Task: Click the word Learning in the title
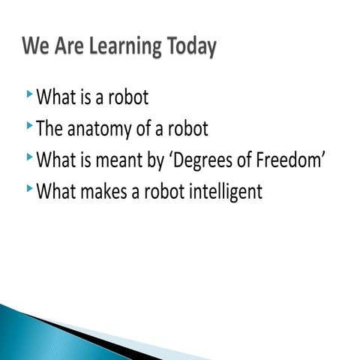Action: [123, 47]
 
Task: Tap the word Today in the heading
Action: [190, 47]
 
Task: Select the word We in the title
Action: [36, 46]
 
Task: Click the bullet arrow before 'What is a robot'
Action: [28, 94]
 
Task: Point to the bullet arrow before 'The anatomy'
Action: [28, 125]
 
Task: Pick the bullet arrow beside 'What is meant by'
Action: [28, 157]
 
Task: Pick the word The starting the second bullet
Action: [49, 129]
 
